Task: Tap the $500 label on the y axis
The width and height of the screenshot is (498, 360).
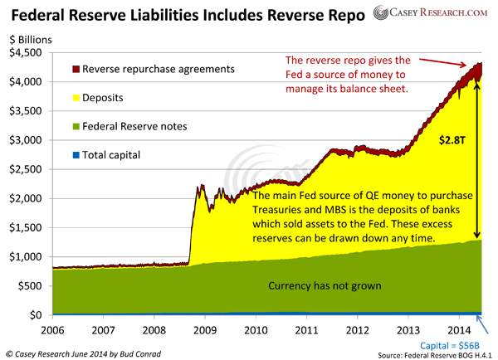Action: pos(32,286)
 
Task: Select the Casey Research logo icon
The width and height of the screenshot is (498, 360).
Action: pos(382,13)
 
